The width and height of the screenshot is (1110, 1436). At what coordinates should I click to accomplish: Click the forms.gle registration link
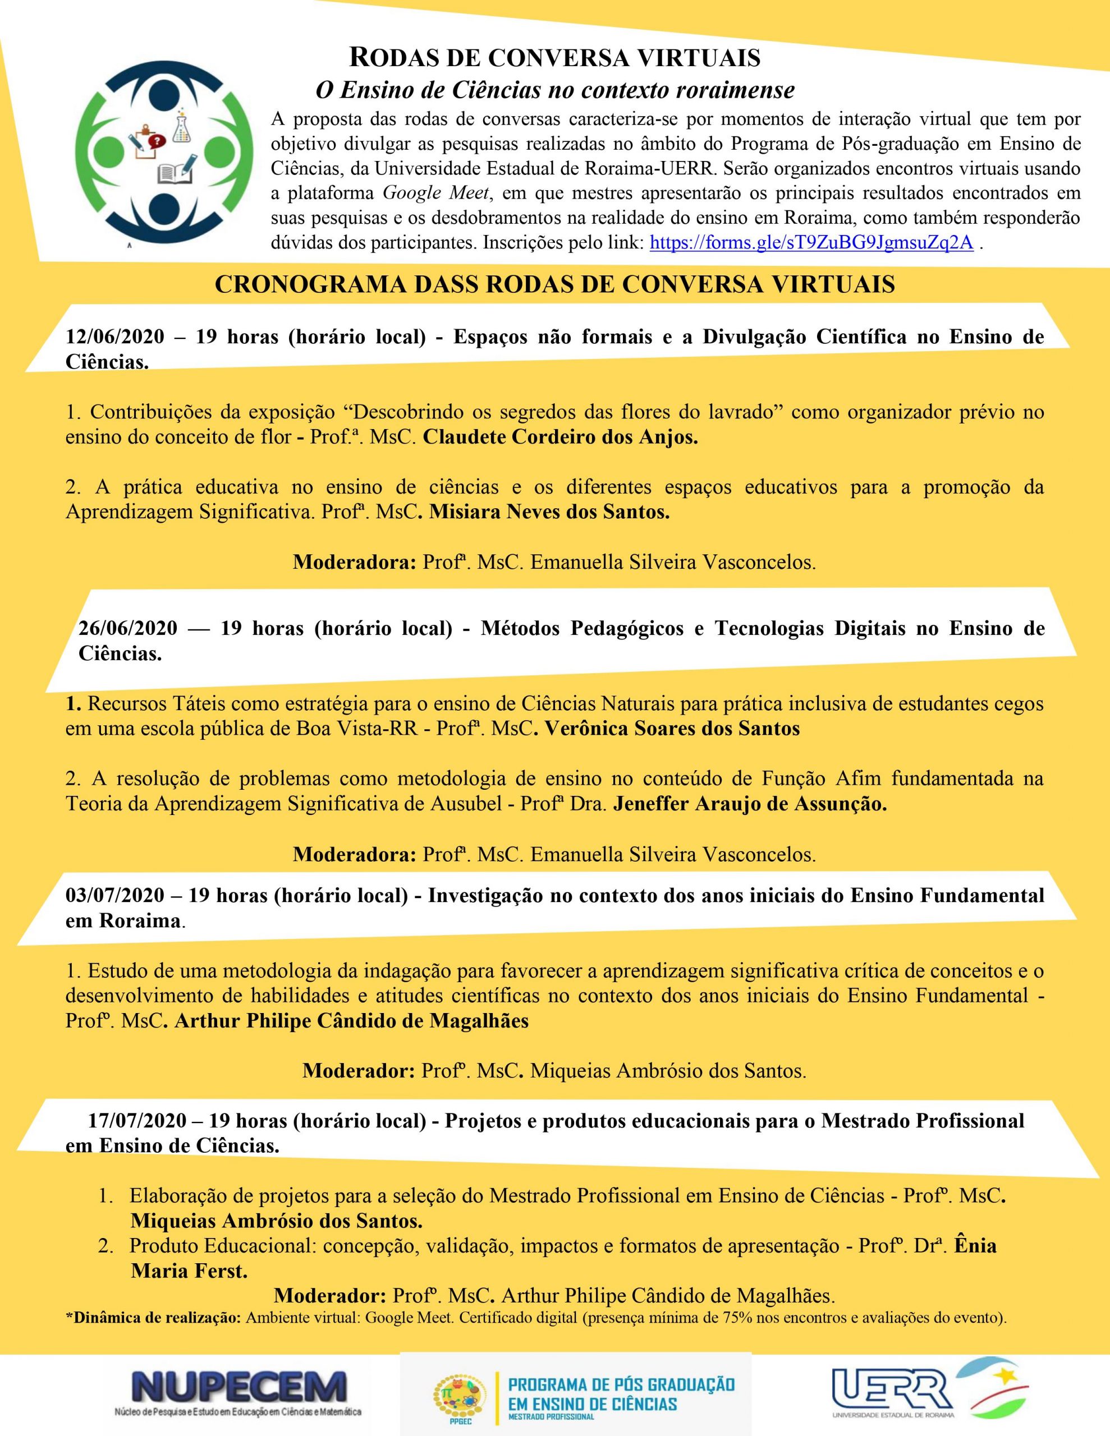click(811, 243)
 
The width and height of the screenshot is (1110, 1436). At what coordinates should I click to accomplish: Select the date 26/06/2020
click(129, 628)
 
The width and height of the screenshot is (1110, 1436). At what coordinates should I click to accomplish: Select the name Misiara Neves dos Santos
click(549, 512)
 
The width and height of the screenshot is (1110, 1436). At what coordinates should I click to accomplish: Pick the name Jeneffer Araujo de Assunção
click(750, 804)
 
